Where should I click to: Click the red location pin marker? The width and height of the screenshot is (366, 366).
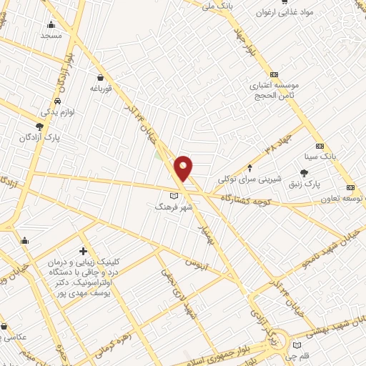coord(184,168)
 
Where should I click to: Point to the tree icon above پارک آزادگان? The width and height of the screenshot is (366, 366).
coord(49,126)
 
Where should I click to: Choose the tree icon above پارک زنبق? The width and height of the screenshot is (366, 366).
coord(305,173)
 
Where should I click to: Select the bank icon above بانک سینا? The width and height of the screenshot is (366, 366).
coord(320,144)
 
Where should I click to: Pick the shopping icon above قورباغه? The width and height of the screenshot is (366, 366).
coord(101,77)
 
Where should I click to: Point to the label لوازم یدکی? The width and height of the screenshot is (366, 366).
coord(56,112)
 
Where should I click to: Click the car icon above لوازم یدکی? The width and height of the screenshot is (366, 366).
coord(56,101)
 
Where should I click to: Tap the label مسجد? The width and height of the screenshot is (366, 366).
coord(51,35)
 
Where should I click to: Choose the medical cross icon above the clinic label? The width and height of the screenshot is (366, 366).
coord(84,251)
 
